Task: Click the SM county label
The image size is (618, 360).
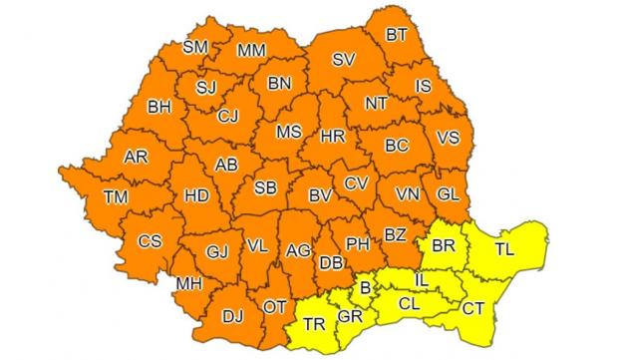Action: [195, 47]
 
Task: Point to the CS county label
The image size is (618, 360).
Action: [150, 240]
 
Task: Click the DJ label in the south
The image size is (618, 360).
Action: [232, 317]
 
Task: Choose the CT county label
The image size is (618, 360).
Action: [472, 308]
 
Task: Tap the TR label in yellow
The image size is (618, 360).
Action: [314, 325]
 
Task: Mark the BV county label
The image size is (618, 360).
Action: [320, 195]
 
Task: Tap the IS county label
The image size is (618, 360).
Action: [423, 88]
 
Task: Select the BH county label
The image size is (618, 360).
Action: [159, 106]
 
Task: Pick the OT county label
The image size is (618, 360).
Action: [275, 307]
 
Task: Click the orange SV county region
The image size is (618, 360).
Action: [344, 60]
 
